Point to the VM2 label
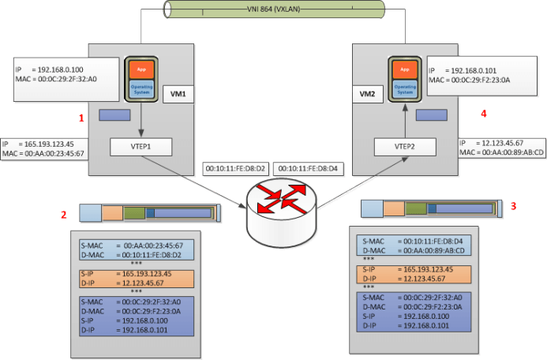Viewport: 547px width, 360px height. [x=367, y=94]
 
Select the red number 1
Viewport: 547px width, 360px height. [x=81, y=118]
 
